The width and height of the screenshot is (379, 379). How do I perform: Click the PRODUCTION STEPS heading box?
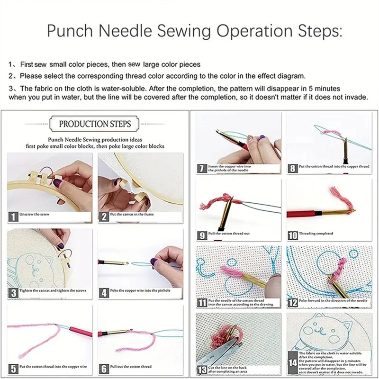pyautogui.click(x=95, y=124)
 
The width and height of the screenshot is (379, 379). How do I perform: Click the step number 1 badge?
pyautogui.click(x=13, y=217)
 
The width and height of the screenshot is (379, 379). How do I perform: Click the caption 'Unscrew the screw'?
pyautogui.click(x=34, y=215)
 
